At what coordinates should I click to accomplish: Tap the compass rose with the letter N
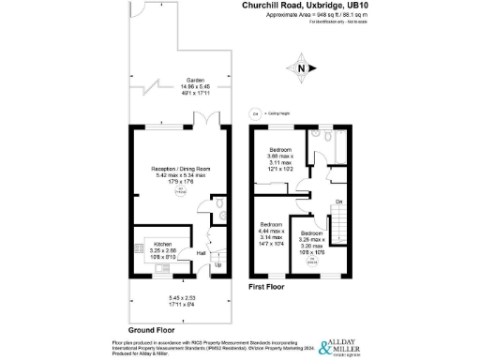pos(301,67)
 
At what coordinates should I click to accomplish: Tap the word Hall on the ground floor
pos(202,253)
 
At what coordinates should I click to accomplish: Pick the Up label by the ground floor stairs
pos(218,265)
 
